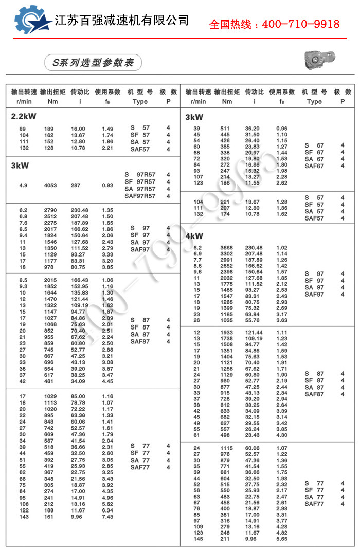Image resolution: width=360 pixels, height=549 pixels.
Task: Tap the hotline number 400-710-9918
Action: coord(274,24)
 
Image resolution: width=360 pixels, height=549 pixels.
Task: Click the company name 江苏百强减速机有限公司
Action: coord(122,21)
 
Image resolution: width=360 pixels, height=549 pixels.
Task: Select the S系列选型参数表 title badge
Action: coord(93,63)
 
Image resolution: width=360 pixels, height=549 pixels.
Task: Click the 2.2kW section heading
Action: coord(24,117)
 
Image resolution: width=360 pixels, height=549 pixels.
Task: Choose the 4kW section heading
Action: coord(194,236)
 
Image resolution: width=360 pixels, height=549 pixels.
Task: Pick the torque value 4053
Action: coord(51,185)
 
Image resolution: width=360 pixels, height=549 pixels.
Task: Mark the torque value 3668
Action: coord(227,248)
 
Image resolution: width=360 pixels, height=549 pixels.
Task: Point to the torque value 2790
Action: coord(51,210)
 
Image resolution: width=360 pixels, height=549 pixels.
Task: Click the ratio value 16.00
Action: coord(78,129)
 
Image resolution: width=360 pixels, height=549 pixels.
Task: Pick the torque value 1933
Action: coord(227,333)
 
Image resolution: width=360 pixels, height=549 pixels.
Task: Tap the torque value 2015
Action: coord(51,280)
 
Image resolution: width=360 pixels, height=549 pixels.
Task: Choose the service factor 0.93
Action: coord(107,185)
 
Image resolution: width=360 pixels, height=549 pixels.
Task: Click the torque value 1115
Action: coord(227,448)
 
